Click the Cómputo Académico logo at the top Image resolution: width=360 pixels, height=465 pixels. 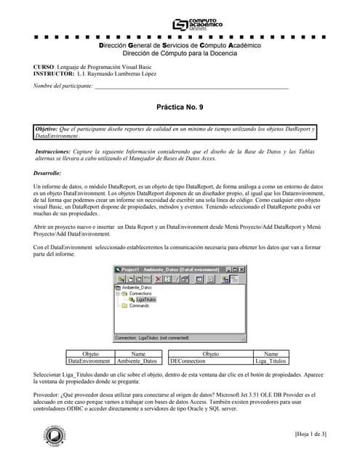click(x=197, y=24)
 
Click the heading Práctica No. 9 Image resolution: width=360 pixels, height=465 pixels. click(x=180, y=106)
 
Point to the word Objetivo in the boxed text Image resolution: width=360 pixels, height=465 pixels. click(x=49, y=129)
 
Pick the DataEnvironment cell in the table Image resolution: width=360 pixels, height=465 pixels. click(x=90, y=360)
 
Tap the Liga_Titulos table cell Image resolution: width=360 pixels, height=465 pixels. click(x=271, y=360)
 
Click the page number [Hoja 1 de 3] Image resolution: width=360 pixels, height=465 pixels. click(x=311, y=434)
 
